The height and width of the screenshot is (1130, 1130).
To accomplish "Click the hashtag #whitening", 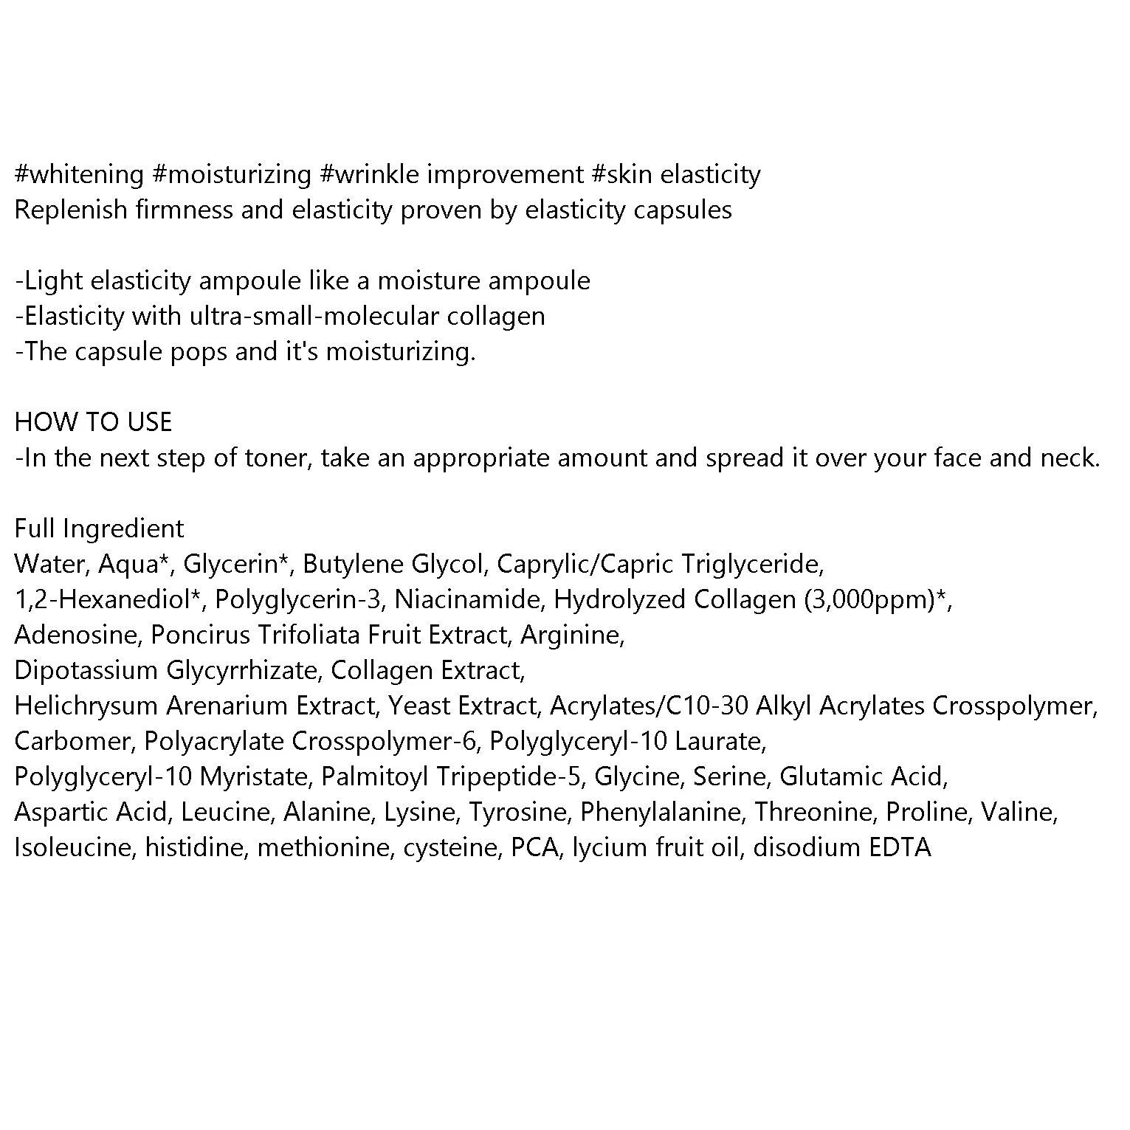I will point(79,175).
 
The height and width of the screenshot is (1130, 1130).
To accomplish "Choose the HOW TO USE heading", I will point(93,422).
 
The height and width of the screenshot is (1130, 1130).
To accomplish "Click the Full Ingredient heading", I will point(99,528).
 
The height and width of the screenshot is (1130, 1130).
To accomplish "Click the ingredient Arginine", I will point(573,635).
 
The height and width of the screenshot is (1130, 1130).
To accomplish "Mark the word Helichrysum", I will point(86,706).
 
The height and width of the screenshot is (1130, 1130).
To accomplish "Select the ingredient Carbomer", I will point(72,741).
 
